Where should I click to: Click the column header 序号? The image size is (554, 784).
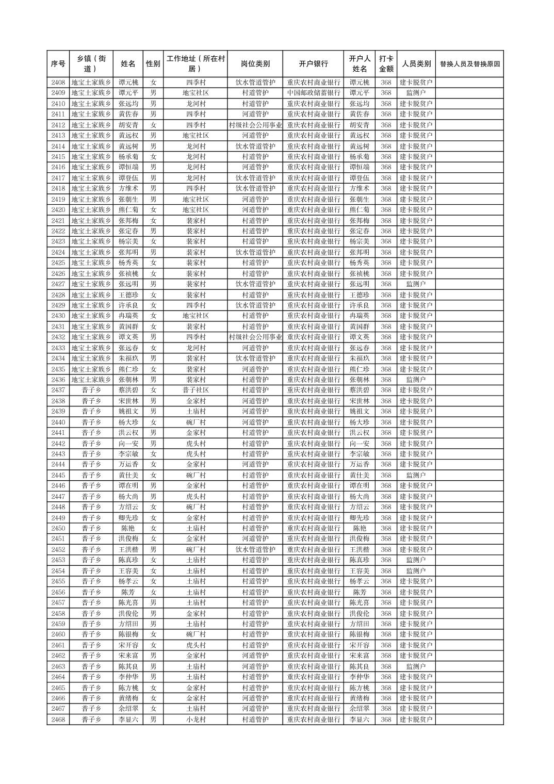point(58,64)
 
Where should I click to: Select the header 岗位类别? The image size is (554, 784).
point(255,64)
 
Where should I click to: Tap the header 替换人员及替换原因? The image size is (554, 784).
point(469,64)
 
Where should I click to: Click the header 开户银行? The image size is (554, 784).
point(313,64)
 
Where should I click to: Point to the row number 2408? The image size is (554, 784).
point(58,83)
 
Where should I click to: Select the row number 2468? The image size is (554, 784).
point(58,720)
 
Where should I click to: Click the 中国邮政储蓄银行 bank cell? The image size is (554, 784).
point(313,93)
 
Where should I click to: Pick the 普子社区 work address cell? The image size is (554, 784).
point(195,390)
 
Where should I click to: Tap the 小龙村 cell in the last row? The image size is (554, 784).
point(195,720)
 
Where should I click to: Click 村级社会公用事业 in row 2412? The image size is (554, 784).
point(255,125)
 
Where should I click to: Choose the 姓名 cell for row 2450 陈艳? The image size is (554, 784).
point(128,528)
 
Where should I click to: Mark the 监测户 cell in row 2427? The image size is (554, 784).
point(416,284)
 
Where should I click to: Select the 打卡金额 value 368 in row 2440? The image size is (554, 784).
point(386,422)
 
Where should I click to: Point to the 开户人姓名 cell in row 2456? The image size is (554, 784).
point(360,592)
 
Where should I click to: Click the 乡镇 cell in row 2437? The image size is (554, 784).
point(91,390)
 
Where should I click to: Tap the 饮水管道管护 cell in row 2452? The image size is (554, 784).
point(255,549)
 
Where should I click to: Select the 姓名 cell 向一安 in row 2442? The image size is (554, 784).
point(128,444)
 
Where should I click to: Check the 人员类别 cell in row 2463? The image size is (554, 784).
point(416,666)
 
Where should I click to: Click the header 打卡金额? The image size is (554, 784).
point(386,64)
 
